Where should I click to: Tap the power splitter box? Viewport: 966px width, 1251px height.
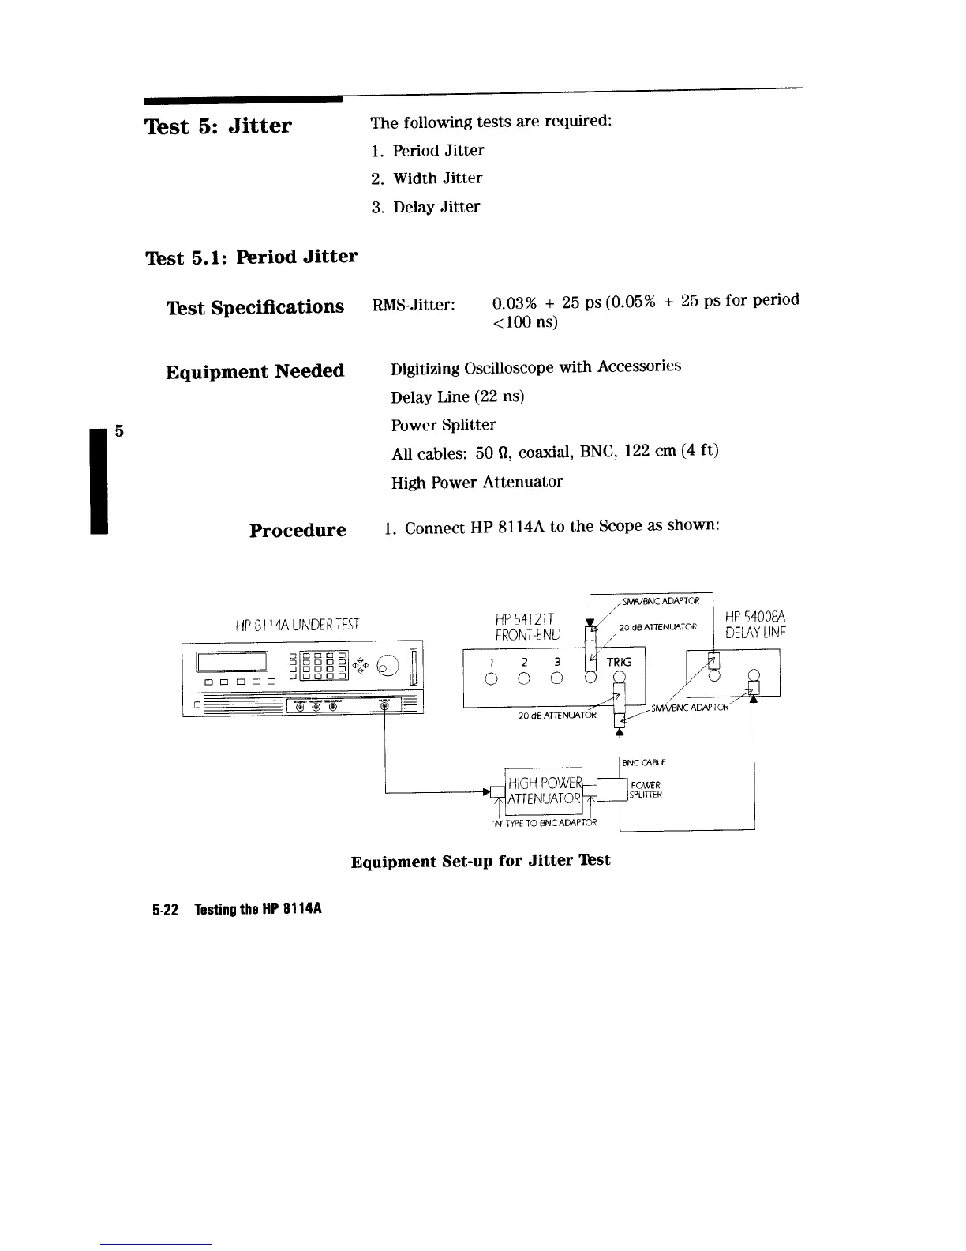612,791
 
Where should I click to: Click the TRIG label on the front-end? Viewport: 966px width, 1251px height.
619,662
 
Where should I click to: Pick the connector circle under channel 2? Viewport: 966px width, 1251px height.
524,678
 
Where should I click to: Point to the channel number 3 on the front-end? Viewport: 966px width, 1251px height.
556,662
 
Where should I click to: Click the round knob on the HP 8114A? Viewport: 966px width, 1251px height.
388,667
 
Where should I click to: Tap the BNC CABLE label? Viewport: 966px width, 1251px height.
644,762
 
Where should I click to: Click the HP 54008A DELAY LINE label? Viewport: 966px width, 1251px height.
755,624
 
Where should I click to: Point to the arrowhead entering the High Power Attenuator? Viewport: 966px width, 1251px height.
488,791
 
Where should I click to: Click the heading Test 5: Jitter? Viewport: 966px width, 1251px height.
218,126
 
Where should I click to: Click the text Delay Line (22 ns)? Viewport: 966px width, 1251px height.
457,396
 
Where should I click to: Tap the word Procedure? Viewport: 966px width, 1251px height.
298,530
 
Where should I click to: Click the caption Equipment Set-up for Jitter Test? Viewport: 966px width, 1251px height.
480,860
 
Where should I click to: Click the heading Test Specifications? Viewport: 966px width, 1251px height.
255,306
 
